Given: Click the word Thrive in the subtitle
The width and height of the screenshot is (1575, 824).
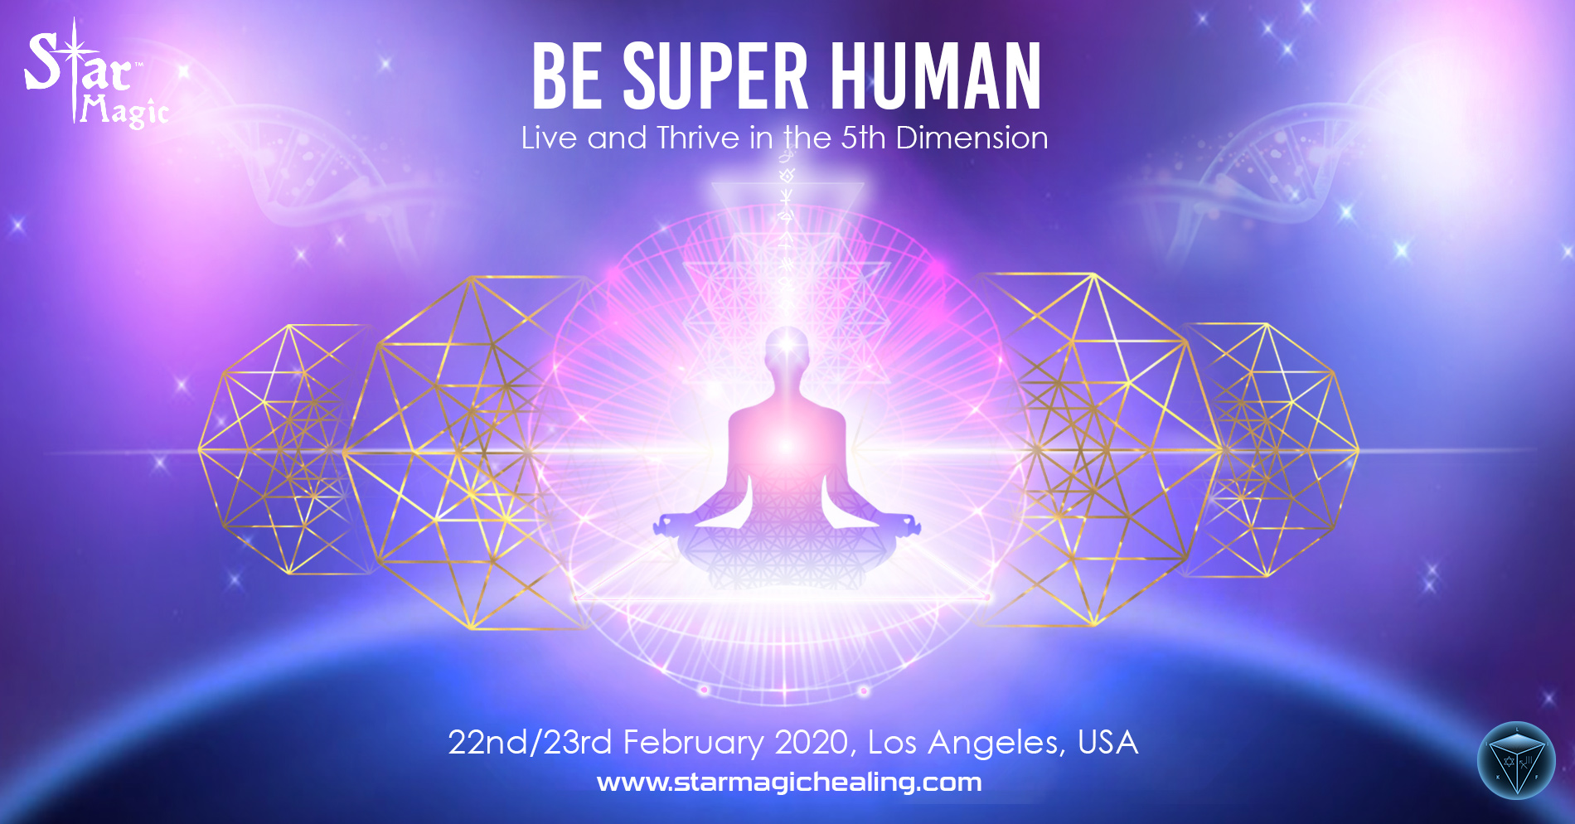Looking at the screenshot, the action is click(697, 138).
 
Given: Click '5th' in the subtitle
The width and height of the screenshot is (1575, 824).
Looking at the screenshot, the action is click(863, 138).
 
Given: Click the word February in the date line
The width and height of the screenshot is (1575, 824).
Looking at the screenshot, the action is click(693, 743).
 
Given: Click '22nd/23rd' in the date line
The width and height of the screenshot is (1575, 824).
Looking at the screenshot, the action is click(530, 743).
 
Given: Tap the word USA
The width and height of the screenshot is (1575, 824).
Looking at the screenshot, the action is click(1108, 743).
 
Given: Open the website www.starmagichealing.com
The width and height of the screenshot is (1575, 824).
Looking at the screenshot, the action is click(789, 782).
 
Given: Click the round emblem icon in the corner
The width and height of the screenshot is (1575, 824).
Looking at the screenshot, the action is click(1516, 760).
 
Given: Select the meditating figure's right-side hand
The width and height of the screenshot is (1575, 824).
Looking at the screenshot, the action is click(905, 525).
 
